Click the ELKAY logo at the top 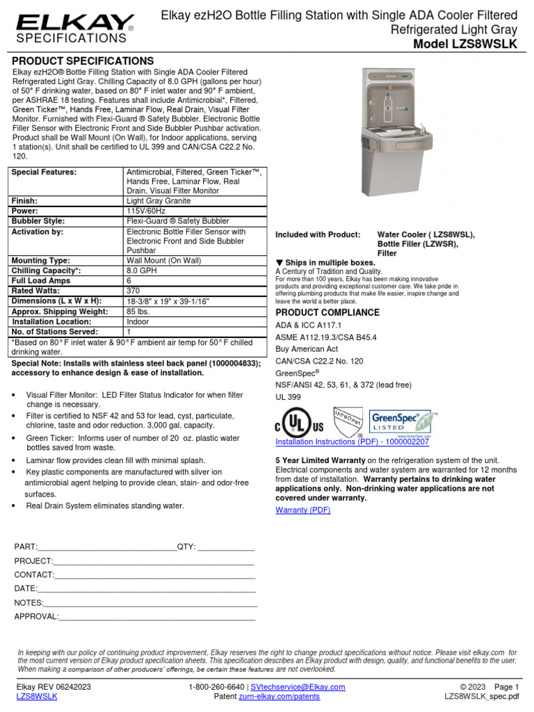[74, 24]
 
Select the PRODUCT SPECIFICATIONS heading [83, 61]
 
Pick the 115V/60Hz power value [147, 211]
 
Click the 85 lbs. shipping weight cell [139, 311]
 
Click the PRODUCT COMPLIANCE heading [324, 313]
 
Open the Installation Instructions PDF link [352, 442]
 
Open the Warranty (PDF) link [302, 510]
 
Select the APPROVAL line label [36, 616]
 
